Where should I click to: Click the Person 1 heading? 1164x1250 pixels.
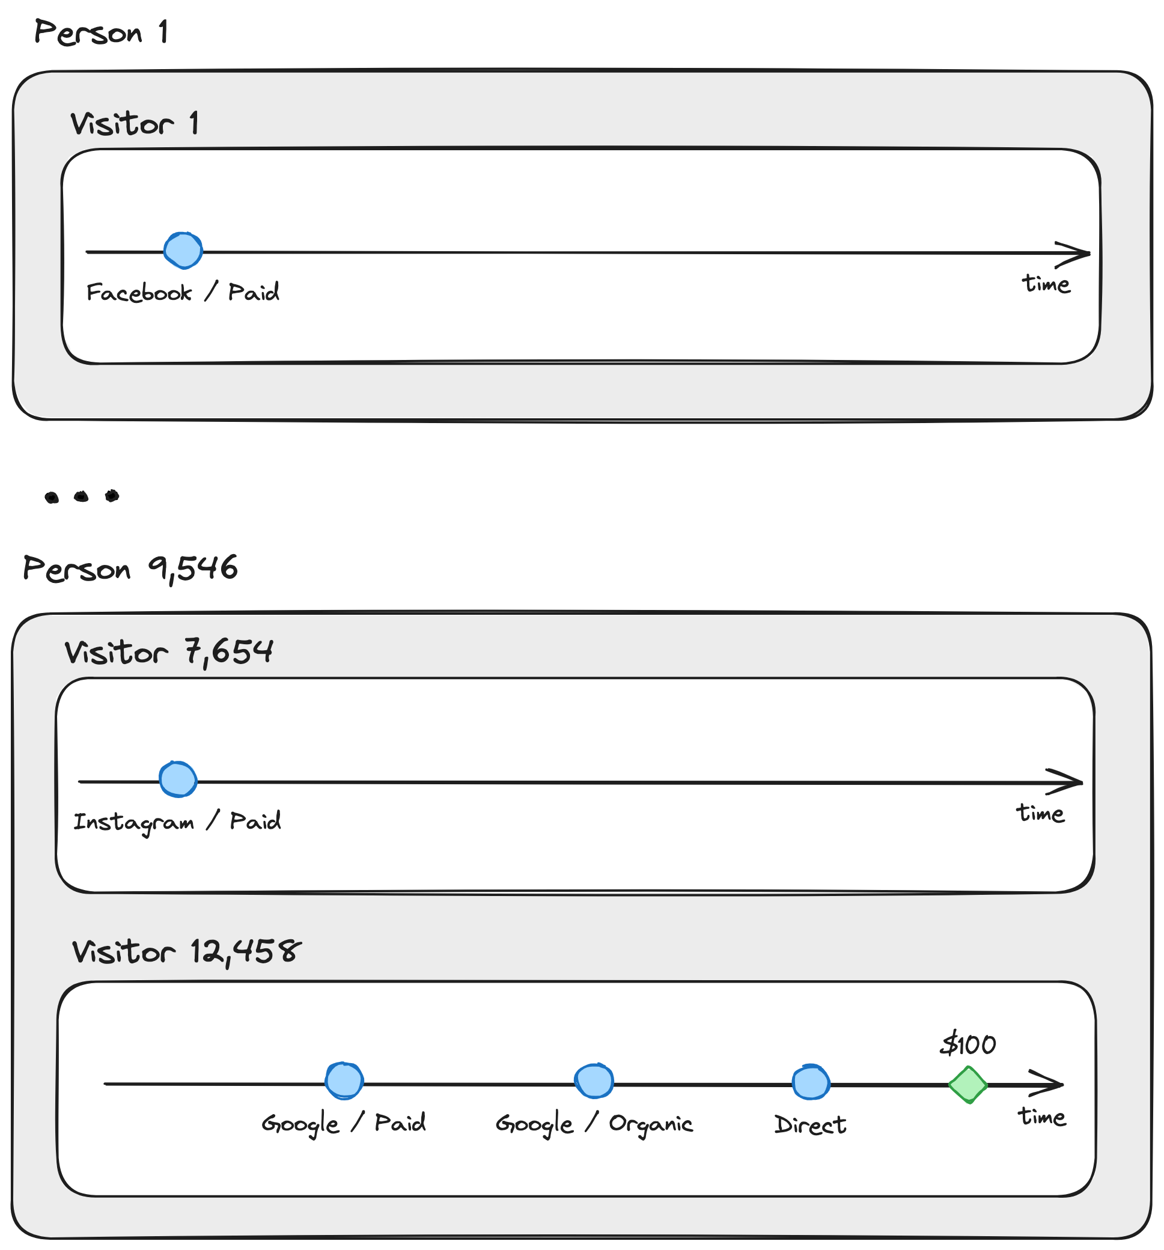click(x=101, y=32)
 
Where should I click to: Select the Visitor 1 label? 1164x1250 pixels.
click(x=135, y=124)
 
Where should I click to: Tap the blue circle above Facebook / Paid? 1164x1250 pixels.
click(x=183, y=251)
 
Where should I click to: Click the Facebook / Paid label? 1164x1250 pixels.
click(x=182, y=293)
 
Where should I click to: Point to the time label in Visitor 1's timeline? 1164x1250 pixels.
click(x=1046, y=284)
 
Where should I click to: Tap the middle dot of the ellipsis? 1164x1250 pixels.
click(x=81, y=498)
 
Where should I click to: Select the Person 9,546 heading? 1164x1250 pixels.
click(x=130, y=569)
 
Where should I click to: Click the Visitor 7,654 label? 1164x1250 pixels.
click(x=168, y=653)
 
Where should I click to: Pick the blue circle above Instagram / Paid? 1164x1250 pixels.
click(x=178, y=780)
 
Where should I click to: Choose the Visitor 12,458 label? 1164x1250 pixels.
click(x=187, y=952)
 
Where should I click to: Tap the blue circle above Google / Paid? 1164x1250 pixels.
click(x=344, y=1082)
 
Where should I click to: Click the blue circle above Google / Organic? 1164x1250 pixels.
click(x=594, y=1082)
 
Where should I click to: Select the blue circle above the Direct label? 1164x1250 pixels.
click(x=811, y=1083)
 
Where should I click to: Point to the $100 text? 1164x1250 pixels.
click(x=969, y=1045)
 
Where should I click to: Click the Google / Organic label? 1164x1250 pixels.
click(x=594, y=1124)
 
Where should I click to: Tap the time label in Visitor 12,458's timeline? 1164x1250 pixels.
click(x=1042, y=1117)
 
